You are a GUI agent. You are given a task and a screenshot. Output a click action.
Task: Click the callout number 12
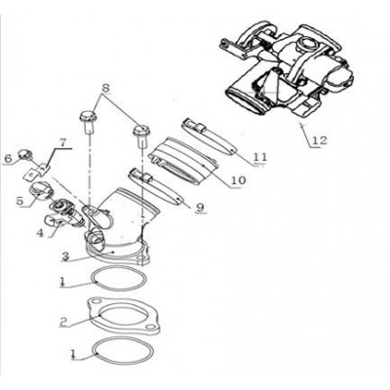pyautogui.click(x=320, y=140)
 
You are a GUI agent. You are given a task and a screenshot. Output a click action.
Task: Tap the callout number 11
pyautogui.click(x=260, y=157)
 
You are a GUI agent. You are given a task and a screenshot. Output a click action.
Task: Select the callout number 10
pyautogui.click(x=239, y=179)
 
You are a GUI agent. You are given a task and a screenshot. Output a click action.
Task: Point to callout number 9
pyautogui.click(x=200, y=207)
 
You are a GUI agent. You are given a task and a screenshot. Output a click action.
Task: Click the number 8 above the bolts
pyautogui.click(x=104, y=89)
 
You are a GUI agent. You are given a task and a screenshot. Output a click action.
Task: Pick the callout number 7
pyautogui.click(x=62, y=142)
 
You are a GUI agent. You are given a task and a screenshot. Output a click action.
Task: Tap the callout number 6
pyautogui.click(x=9, y=159)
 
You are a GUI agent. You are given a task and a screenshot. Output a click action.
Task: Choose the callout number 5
pyautogui.click(x=20, y=201)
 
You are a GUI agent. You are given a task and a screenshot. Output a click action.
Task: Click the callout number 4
pyautogui.click(x=40, y=233)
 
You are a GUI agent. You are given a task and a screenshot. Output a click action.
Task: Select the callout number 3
pyautogui.click(x=66, y=256)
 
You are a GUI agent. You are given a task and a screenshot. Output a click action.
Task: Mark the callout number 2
pyautogui.click(x=64, y=322)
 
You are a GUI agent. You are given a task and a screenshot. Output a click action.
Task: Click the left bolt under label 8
pyautogui.click(x=88, y=122)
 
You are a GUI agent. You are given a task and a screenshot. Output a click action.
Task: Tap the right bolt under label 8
pyautogui.click(x=140, y=136)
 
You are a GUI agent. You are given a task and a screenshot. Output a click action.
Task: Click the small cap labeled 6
pyautogui.click(x=24, y=153)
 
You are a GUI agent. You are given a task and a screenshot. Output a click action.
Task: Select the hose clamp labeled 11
pyautogui.click(x=208, y=136)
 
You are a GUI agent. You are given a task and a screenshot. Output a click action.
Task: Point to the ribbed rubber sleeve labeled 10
pyautogui.click(x=182, y=159)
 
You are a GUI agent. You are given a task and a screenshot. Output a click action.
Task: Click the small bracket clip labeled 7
pyautogui.click(x=36, y=173)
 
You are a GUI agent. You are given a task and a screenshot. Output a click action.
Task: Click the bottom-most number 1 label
pyautogui.click(x=73, y=353)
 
